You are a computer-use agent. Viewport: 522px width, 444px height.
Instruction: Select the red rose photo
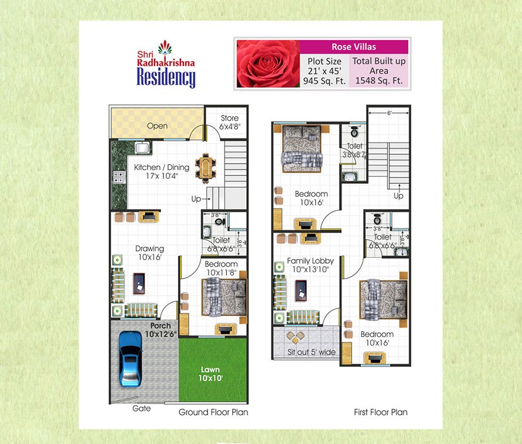[x=267, y=64]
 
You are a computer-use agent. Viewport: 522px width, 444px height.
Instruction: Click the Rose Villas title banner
[x=354, y=47]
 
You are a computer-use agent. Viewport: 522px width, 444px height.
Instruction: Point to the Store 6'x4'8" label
[x=229, y=122]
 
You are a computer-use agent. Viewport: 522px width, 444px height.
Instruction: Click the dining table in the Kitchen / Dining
[x=205, y=168]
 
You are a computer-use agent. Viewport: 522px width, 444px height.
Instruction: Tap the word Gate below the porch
[x=141, y=408]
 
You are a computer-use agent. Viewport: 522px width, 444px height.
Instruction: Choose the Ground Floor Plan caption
[x=213, y=412]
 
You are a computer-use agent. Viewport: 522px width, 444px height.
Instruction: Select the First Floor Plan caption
[x=380, y=412]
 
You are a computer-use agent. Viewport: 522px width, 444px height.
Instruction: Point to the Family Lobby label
[x=310, y=261]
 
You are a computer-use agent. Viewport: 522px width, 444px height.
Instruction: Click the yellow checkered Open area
[x=157, y=125]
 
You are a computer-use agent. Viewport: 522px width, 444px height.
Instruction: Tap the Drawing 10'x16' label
[x=149, y=253]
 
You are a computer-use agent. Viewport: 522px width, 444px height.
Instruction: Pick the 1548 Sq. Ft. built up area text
[x=379, y=81]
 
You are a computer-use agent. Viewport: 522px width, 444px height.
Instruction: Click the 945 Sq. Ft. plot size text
[x=324, y=81]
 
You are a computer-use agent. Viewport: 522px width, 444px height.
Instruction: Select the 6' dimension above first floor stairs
[x=389, y=113]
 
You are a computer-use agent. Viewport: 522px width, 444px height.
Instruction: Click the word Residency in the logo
[x=166, y=77]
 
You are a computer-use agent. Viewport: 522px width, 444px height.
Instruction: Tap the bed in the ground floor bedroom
[x=224, y=296]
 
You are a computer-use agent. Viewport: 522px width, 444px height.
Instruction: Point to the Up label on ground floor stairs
[x=196, y=199]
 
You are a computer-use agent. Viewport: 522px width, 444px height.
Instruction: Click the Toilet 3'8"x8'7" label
[x=354, y=150]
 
